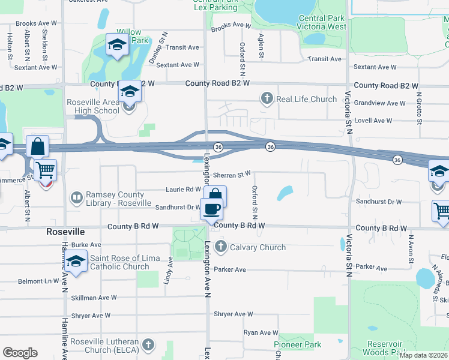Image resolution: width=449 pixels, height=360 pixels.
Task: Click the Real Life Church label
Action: [x=307, y=98]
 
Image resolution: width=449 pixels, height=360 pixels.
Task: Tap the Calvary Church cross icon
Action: [x=221, y=247]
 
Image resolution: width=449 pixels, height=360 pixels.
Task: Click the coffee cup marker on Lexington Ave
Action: [x=211, y=209]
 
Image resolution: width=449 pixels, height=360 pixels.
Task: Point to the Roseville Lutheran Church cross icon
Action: [x=148, y=344]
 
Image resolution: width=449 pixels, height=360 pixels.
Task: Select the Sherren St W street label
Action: [x=232, y=175]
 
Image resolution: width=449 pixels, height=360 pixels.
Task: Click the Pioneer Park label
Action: [x=298, y=344]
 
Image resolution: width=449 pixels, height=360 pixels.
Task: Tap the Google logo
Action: [x=20, y=352]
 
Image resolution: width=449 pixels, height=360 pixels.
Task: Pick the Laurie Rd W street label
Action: [x=183, y=190]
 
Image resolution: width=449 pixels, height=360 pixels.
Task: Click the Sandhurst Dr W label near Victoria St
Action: [x=378, y=202]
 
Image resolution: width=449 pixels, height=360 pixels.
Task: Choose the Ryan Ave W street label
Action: [x=261, y=332]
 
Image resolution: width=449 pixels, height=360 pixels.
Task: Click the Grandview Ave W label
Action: [x=379, y=103]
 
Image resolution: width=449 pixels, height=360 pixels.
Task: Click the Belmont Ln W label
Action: [x=38, y=281]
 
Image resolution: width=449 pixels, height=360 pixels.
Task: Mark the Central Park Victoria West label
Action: [x=322, y=22]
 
